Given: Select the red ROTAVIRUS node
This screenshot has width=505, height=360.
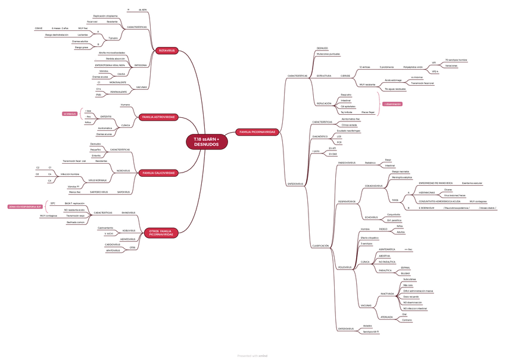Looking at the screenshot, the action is coord(167,51).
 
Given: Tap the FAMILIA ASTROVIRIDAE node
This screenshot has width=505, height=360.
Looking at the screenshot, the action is coord(158,117).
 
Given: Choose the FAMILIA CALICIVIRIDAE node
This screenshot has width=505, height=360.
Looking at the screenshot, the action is coord(158,173).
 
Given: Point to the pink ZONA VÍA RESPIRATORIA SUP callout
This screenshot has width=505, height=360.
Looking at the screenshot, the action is coord(24,206).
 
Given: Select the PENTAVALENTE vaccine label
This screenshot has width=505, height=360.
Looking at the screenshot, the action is coord(118,92).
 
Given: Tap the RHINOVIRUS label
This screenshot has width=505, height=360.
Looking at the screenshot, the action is coord(128,212).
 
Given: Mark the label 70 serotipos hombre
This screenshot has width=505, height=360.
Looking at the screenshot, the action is coord(456,60).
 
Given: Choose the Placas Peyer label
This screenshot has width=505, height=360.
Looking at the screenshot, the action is coord(368,112).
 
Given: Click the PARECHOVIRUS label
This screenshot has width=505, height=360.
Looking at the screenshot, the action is coord(347,162).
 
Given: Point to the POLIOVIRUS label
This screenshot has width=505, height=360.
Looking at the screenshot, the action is coord(345,267).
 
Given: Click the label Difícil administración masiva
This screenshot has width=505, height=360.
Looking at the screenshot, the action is coord(418,291).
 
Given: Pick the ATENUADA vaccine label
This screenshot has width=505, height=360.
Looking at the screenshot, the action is coord(386,317).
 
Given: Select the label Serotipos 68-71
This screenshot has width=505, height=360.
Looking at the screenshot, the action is coord(372,331).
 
